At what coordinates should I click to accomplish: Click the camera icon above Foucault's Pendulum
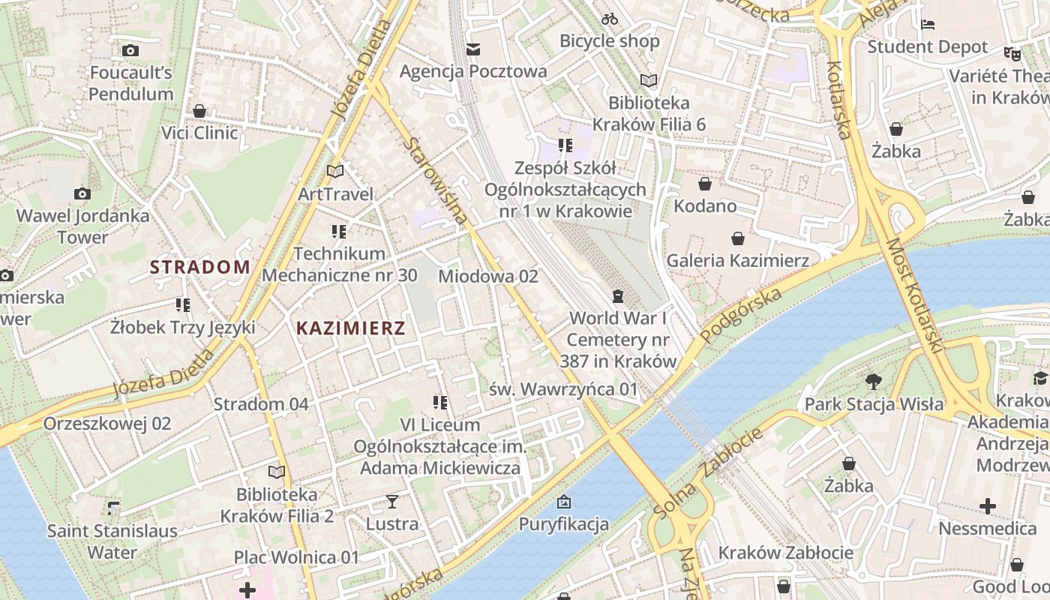click(130, 51)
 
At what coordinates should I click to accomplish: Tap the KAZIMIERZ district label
click(351, 328)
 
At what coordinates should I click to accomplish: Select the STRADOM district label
click(200, 267)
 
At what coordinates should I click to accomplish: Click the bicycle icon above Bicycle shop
click(610, 19)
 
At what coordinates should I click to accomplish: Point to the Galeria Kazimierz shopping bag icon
click(738, 238)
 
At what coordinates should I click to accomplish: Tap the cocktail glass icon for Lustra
click(391, 501)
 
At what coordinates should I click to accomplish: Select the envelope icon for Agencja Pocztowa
click(473, 49)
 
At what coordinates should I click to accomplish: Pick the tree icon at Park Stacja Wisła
click(874, 382)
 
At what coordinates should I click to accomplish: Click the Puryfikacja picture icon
click(564, 502)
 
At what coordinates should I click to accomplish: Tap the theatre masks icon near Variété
click(1012, 54)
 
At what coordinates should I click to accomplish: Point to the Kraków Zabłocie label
click(785, 553)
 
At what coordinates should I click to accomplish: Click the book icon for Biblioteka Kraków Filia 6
click(649, 80)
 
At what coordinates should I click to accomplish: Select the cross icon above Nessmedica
click(988, 506)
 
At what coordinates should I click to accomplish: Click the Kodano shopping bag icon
click(705, 184)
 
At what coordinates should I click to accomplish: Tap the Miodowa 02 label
click(488, 276)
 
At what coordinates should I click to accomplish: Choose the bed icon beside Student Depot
click(928, 25)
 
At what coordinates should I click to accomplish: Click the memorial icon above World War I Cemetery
click(617, 296)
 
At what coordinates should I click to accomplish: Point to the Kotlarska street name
click(838, 100)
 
